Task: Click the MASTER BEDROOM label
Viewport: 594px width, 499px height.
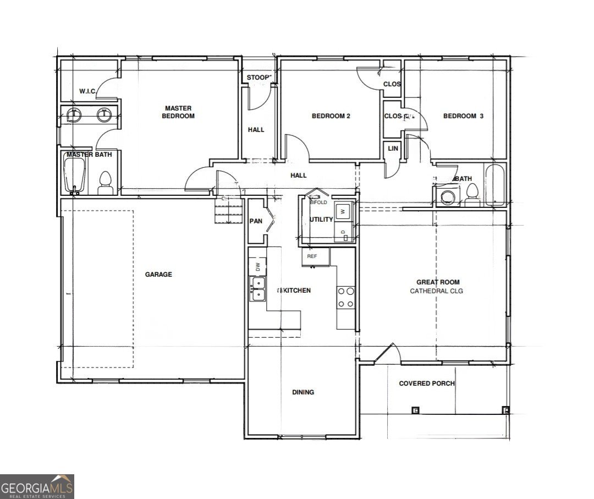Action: pos(178,112)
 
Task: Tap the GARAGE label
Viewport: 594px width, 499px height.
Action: pos(158,275)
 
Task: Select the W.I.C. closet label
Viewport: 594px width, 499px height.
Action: pos(88,91)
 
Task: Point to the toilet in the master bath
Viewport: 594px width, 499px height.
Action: pos(105,183)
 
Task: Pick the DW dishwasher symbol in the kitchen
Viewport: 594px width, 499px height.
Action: pos(257,267)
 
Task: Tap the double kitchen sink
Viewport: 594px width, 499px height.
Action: pos(257,289)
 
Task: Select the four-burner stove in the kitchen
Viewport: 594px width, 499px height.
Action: pos(345,297)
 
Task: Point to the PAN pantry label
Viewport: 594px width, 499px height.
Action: pos(256,222)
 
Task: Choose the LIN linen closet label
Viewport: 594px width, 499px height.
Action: pos(393,149)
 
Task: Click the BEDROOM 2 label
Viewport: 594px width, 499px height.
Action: pos(331,116)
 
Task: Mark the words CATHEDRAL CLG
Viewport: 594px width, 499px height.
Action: pos(437,290)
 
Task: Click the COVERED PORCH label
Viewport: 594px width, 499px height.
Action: pos(427,383)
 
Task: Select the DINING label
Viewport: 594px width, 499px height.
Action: pos(303,392)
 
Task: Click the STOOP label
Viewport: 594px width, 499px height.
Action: pos(257,78)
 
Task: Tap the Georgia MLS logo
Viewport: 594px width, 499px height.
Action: pos(37,486)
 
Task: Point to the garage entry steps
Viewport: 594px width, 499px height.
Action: pos(228,211)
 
